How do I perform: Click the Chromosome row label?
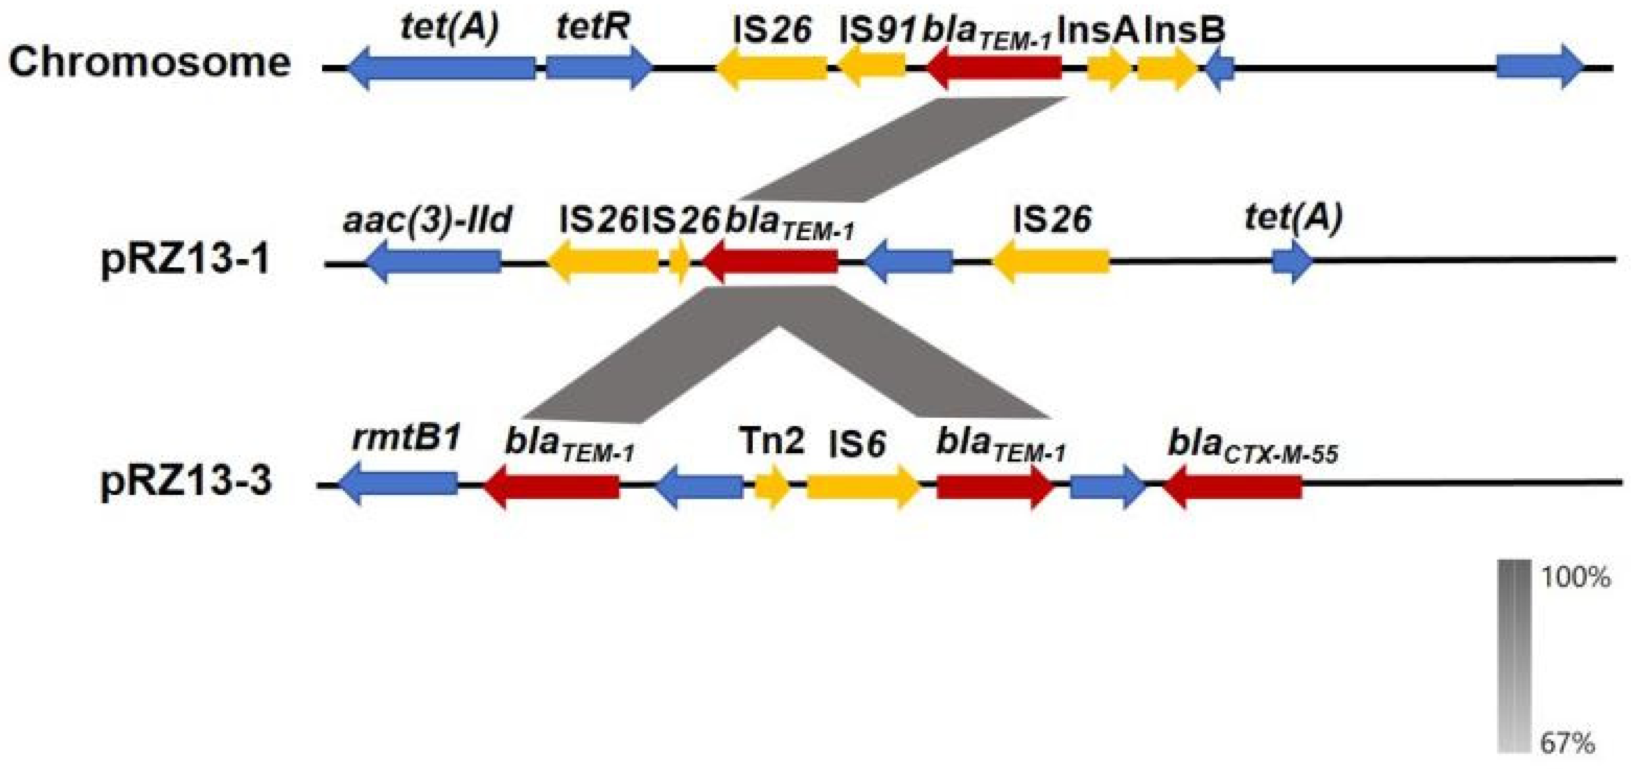(x=150, y=63)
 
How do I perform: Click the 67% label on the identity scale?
(x=1567, y=742)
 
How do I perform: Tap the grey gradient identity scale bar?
(x=1514, y=656)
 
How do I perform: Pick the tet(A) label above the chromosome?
(x=450, y=28)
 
